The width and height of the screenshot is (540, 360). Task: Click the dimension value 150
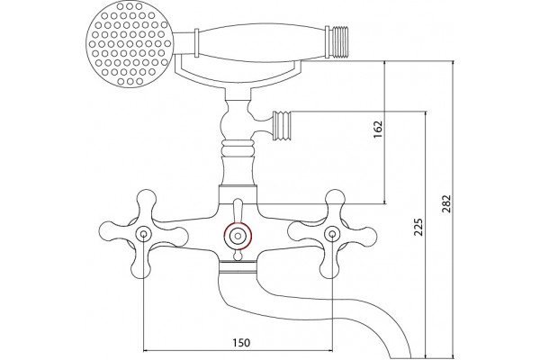pyautogui.click(x=241, y=343)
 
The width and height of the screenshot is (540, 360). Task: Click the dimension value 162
pyautogui.click(x=378, y=129)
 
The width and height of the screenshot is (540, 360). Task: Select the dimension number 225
pyautogui.click(x=418, y=227)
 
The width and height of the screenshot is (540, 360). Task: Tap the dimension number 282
pyautogui.click(x=446, y=203)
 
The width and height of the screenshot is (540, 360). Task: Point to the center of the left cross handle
pyautogui.click(x=144, y=234)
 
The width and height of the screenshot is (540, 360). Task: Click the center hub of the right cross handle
pyautogui.click(x=332, y=234)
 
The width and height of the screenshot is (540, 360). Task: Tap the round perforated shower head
pyautogui.click(x=129, y=44)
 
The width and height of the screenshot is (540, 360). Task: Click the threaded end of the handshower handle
pyautogui.click(x=337, y=41)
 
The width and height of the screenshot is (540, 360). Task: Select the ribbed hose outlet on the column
pyautogui.click(x=282, y=126)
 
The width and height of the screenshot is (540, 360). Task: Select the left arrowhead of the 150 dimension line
pyautogui.click(x=146, y=351)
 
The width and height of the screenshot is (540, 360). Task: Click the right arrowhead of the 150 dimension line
pyautogui.click(x=329, y=351)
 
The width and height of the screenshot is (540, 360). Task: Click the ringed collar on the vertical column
pyautogui.click(x=238, y=148)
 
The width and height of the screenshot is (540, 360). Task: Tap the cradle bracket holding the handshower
pyautogui.click(x=238, y=74)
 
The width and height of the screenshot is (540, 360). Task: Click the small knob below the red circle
pyautogui.click(x=238, y=256)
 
